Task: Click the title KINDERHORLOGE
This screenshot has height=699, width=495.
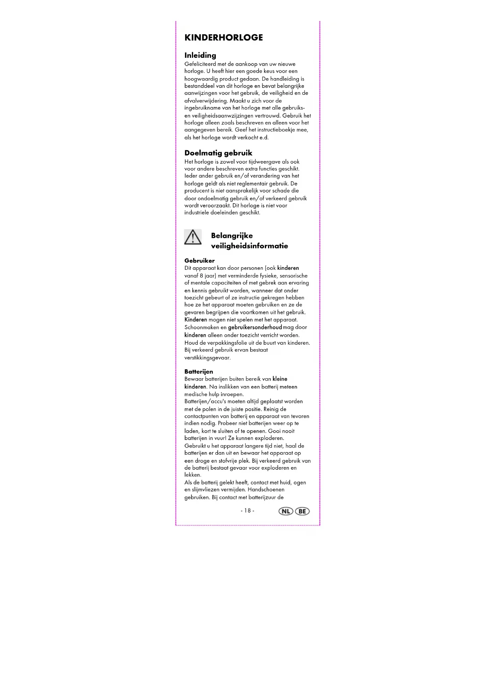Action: tap(223, 38)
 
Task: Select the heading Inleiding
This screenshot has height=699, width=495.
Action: tap(200, 55)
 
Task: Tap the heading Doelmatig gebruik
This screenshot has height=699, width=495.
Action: tap(218, 153)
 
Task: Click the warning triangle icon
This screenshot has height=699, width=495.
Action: tap(193, 237)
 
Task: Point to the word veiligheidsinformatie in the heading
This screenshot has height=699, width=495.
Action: tap(249, 246)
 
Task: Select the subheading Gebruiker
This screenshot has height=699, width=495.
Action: tap(199, 261)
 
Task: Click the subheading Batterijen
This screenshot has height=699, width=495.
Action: tap(199, 371)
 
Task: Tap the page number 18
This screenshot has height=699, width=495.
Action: tap(247, 511)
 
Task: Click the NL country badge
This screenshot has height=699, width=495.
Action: tap(286, 511)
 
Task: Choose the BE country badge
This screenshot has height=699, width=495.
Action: tap(302, 511)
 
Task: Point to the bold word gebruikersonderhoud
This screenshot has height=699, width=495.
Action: tap(255, 327)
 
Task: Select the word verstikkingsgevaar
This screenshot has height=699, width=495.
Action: tap(207, 357)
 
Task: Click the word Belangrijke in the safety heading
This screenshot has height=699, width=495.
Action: tap(232, 236)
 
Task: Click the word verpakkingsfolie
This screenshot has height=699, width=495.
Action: tap(227, 343)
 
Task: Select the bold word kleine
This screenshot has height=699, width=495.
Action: tap(280, 379)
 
